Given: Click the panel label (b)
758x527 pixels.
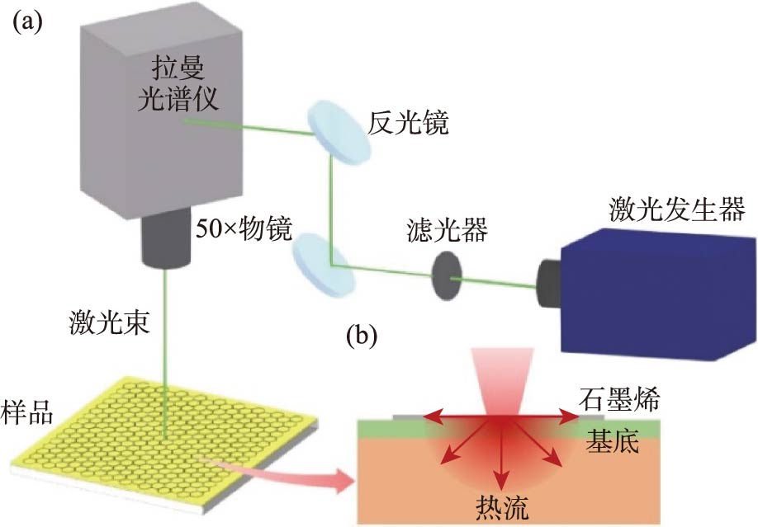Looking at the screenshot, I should point(361,336).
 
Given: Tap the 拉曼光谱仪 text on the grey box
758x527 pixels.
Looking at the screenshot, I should point(183,86).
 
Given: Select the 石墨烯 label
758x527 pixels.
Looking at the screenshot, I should point(622,401).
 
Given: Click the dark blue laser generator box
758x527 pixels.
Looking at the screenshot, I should point(652,285).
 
